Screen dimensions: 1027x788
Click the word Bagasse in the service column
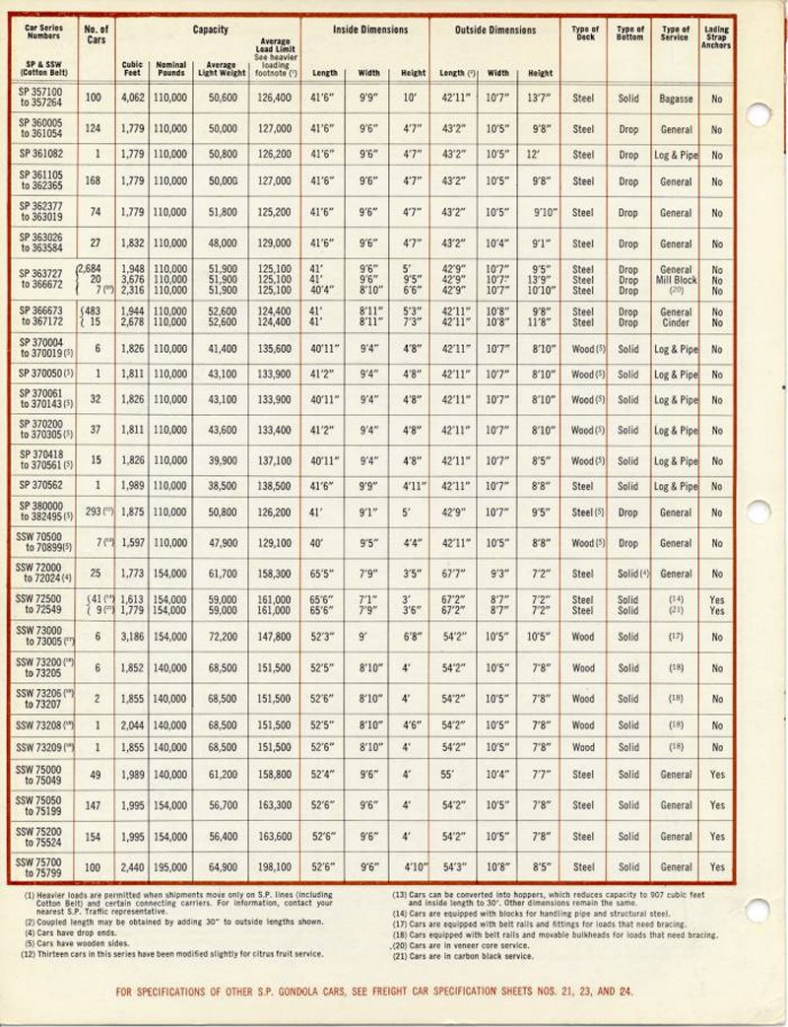click(676, 99)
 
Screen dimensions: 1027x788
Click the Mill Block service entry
click(676, 280)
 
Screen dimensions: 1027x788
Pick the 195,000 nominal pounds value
click(170, 867)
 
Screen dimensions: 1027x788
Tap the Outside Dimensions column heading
click(495, 31)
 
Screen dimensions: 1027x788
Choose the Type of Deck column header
click(584, 34)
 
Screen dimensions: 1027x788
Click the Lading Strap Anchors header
click(716, 37)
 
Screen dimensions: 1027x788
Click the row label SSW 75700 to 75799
click(40, 867)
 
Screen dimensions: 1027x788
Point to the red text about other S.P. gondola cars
click(374, 992)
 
